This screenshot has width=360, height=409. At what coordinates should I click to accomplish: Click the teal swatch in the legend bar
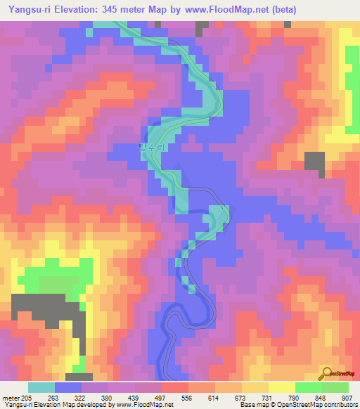[x=41, y=387]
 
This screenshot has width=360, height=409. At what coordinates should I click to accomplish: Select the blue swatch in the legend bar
[x=68, y=387]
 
